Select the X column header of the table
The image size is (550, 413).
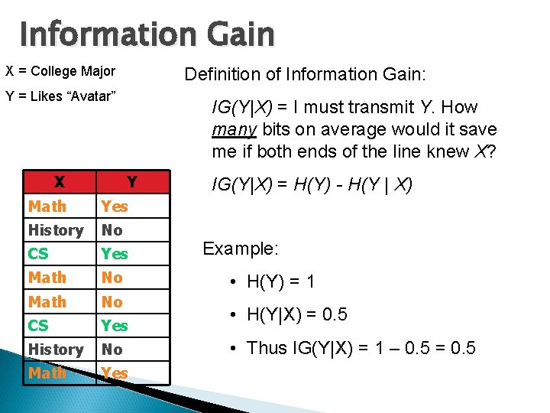click(59, 182)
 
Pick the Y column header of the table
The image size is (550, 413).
click(131, 182)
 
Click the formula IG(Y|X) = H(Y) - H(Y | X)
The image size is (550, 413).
click(312, 184)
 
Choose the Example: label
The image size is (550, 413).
click(241, 249)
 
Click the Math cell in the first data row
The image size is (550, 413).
click(47, 206)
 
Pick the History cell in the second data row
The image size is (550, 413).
click(56, 229)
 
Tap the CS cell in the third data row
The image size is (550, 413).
click(38, 253)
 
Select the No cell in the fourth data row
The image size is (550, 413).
click(112, 277)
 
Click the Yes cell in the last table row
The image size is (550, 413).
click(115, 373)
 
